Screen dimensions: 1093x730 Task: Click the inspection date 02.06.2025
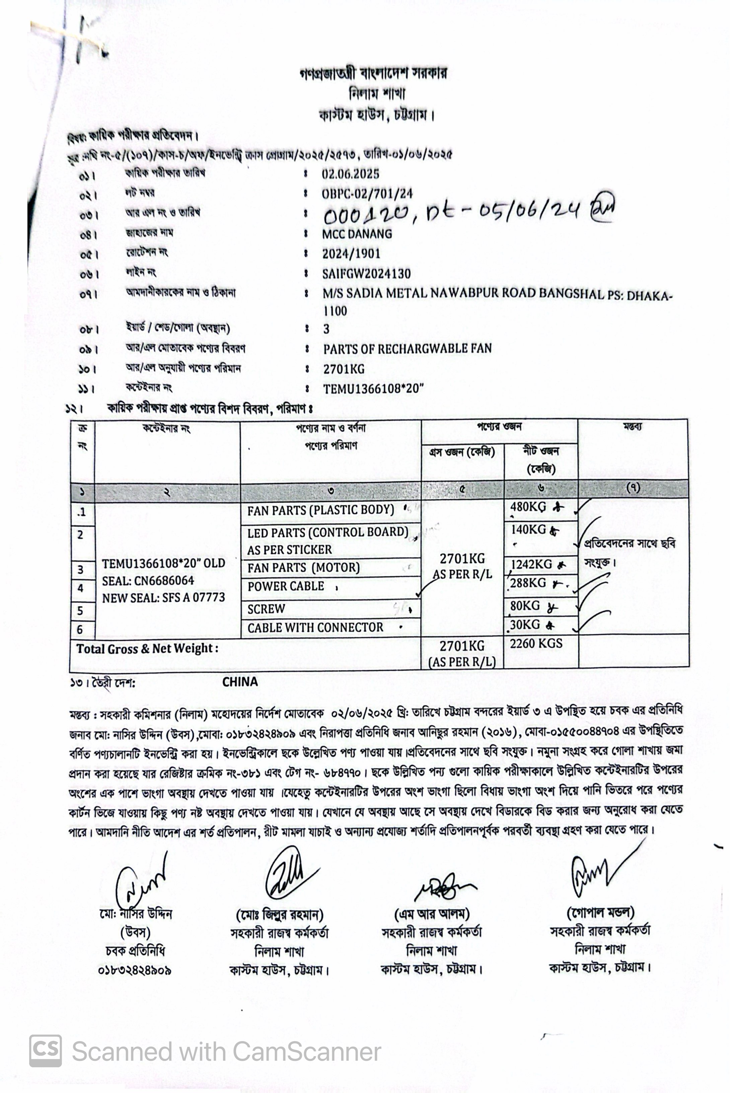[350, 174]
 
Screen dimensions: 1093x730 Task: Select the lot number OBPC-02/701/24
[367, 194]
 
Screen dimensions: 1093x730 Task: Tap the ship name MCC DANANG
[357, 234]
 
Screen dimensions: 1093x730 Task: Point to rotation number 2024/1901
[352, 254]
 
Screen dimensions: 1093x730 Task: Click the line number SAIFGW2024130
[366, 274]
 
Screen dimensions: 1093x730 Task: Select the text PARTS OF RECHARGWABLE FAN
[408, 349]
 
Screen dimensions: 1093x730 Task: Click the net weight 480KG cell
[528, 507]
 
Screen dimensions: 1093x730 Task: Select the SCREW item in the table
[266, 609]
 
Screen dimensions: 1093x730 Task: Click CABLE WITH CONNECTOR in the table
[315, 628]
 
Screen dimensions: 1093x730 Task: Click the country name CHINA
[240, 682]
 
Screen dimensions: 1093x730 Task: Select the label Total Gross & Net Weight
[147, 648]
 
